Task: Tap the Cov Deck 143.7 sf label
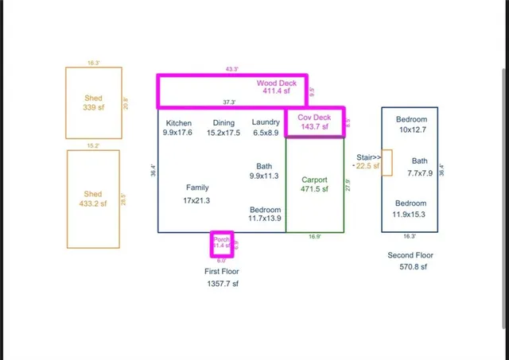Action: click(313, 122)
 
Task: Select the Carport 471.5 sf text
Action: click(314, 184)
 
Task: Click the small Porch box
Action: click(222, 244)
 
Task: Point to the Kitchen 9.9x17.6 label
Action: click(178, 128)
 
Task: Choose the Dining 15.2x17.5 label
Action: click(223, 128)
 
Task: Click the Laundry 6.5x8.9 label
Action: click(266, 128)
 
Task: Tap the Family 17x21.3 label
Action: click(196, 194)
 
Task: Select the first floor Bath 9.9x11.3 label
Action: click(264, 171)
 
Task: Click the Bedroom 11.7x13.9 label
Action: click(265, 213)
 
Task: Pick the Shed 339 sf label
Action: click(93, 103)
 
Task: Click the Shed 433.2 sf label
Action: click(93, 199)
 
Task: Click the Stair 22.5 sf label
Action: click(367, 162)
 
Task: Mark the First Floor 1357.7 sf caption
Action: click(221, 277)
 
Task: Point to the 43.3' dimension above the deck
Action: click(232, 69)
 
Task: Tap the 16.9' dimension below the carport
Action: click(315, 236)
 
